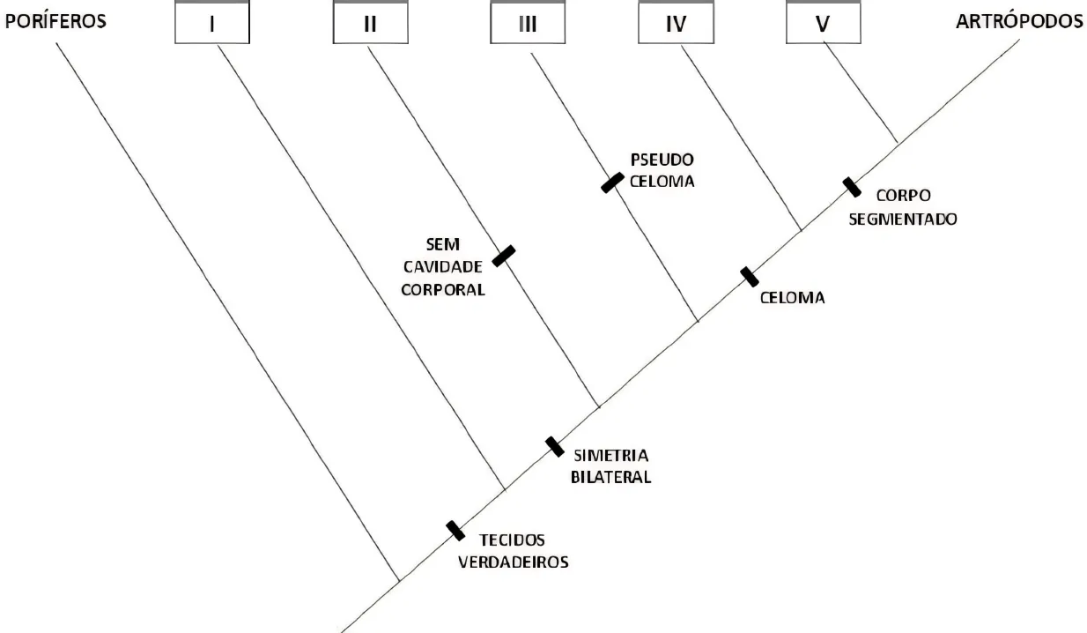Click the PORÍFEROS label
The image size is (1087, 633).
55,21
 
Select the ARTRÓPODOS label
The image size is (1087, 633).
1019,21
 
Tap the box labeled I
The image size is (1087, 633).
211,24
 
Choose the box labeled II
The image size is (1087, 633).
370,24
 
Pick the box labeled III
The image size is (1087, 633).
527,24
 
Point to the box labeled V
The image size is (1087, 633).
823,24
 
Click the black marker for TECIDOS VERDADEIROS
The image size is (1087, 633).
455,530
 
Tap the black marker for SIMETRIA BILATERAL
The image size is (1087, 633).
554,446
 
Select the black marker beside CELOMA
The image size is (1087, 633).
749,277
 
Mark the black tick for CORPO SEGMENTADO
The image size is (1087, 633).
851,187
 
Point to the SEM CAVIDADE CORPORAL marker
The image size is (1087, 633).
503,256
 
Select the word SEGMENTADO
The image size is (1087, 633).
903,219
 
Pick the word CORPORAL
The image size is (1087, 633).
444,288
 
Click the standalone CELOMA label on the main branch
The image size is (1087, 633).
792,298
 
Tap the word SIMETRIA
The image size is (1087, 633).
610,457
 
